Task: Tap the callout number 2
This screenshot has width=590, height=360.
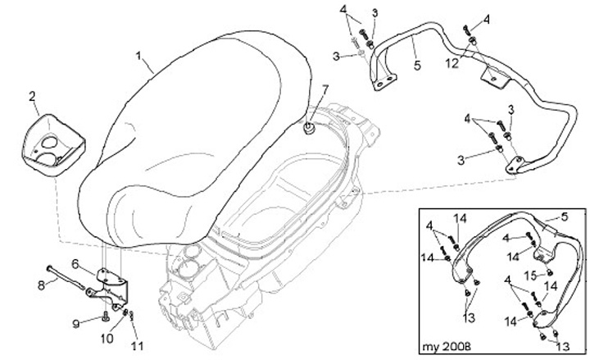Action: click(x=33, y=98)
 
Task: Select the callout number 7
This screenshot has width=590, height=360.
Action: click(x=325, y=89)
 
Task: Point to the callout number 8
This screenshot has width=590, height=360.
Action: click(x=40, y=286)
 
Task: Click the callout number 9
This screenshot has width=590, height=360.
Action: click(x=76, y=325)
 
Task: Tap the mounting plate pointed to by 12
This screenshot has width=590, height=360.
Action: click(x=493, y=77)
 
